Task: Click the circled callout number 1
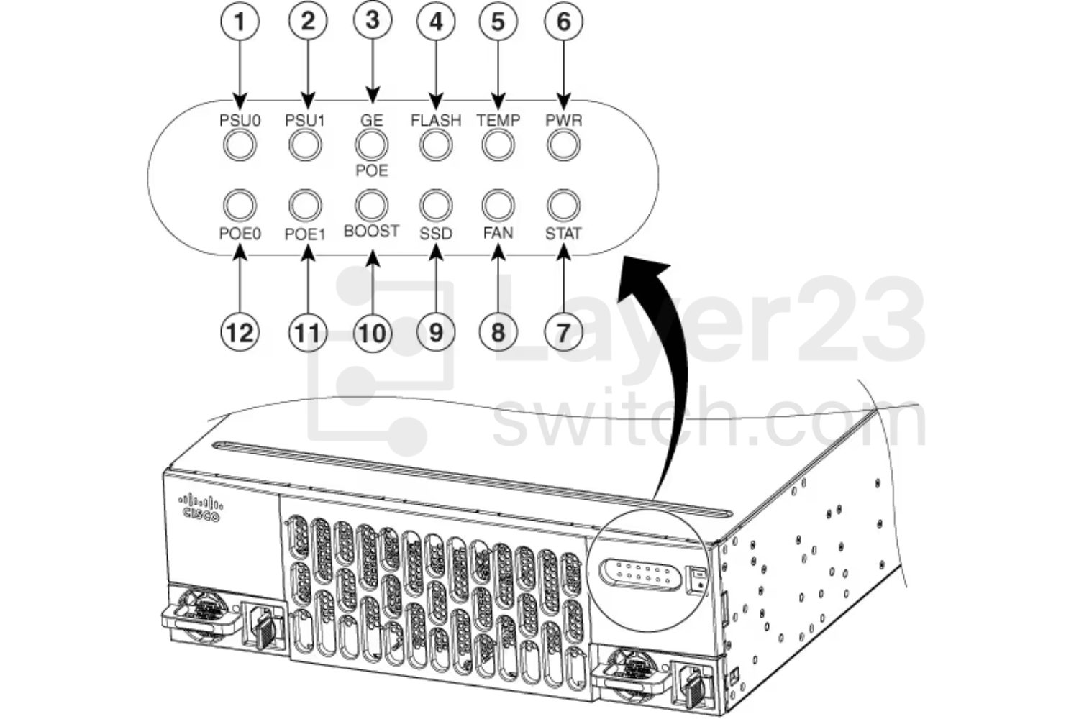(240, 22)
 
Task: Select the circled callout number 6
(564, 22)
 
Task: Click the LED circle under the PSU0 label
(240, 146)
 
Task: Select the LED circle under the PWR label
(563, 146)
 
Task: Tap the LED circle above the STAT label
(563, 205)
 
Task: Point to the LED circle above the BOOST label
(371, 205)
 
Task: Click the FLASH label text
(436, 120)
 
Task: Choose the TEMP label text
(498, 120)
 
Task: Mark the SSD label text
(436, 234)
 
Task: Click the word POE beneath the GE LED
(371, 170)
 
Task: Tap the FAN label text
(498, 233)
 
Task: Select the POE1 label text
(306, 234)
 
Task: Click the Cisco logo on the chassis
(200, 507)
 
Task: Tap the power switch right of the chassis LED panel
(698, 580)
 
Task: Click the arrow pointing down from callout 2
(308, 72)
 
